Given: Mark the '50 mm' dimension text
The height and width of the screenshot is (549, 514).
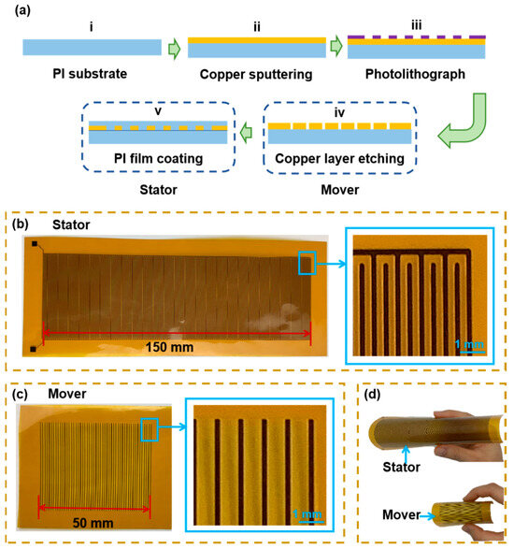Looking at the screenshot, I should pyautogui.click(x=90, y=522).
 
